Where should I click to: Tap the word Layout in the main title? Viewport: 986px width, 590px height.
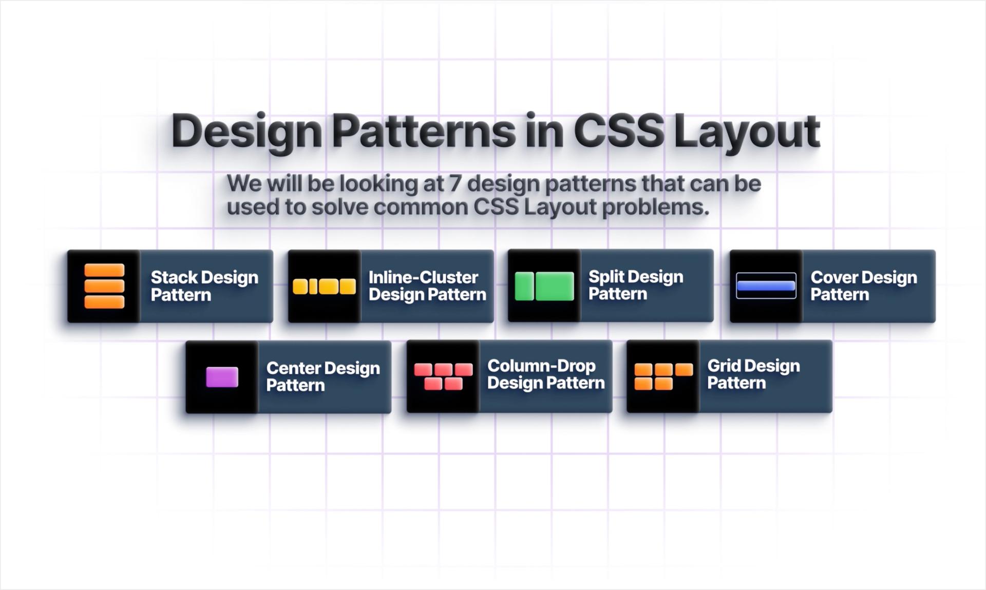click(747, 134)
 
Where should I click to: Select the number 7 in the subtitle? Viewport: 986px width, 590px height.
click(455, 183)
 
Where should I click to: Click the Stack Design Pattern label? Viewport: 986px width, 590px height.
click(204, 286)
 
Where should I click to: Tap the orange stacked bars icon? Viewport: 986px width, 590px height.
click(104, 286)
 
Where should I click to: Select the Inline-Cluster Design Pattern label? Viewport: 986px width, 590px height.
click(427, 286)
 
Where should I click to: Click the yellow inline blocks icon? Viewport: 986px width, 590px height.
click(324, 287)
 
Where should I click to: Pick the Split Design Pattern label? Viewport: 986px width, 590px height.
click(636, 285)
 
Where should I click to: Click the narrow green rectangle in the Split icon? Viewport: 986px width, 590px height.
click(524, 286)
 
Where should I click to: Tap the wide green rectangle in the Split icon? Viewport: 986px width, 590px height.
click(555, 286)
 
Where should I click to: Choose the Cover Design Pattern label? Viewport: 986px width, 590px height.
click(864, 286)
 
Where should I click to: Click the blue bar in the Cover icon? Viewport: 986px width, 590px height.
click(766, 286)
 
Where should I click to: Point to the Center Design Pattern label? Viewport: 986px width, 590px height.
click(323, 376)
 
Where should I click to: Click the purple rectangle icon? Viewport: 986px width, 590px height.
click(222, 377)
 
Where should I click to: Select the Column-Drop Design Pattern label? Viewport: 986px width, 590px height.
click(546, 374)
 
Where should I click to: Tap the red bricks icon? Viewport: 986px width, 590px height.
click(443, 376)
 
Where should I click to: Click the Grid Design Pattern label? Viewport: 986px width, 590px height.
click(753, 374)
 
